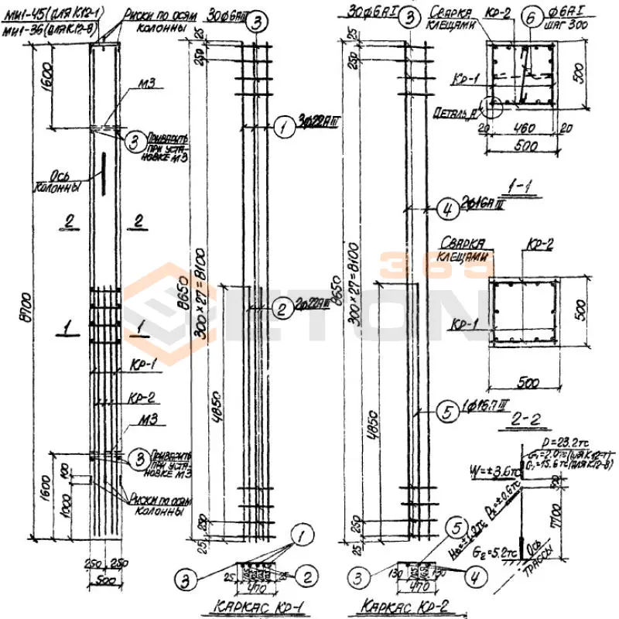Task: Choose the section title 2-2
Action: tap(530, 419)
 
